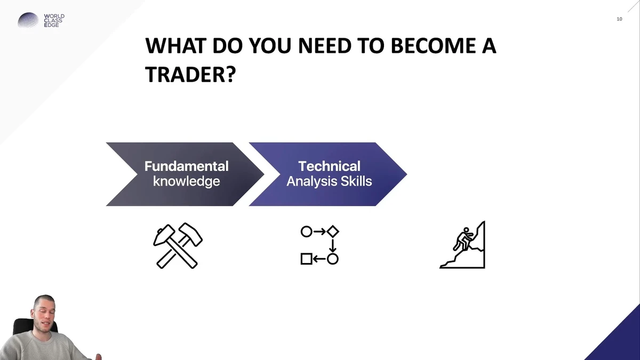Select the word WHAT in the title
[175, 46]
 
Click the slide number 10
[619, 19]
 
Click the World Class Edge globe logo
[28, 20]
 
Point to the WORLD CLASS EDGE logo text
[54, 21]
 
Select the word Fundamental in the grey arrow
[186, 166]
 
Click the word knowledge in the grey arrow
[186, 181]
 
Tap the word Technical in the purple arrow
[329, 166]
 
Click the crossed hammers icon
[178, 246]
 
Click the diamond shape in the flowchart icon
[333, 231]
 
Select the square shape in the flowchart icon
[306, 259]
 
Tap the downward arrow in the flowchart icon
[333, 245]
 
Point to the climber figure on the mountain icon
[463, 239]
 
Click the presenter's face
[44, 314]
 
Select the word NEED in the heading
[325, 46]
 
